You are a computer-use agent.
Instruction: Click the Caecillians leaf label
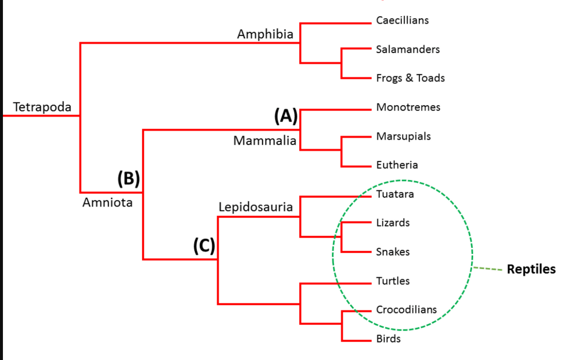(402, 20)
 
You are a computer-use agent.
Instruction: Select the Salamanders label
(407, 49)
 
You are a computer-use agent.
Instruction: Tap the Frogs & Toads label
(410, 78)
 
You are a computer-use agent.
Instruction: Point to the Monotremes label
(408, 107)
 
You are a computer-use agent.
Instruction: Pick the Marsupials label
(403, 136)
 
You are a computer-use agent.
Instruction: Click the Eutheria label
(397, 165)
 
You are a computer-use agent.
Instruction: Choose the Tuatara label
(395, 194)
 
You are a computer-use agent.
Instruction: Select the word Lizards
(392, 223)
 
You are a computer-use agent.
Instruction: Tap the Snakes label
(392, 252)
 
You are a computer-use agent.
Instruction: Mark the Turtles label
(392, 281)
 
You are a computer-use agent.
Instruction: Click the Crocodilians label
(406, 310)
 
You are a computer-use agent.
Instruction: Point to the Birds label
(388, 339)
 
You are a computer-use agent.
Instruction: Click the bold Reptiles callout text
(531, 269)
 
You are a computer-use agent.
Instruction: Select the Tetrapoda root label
(42, 107)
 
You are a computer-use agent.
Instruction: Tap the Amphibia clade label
(265, 34)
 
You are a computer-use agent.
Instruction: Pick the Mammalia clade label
(265, 141)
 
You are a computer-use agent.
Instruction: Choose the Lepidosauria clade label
(256, 207)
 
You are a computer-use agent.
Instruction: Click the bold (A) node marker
(286, 116)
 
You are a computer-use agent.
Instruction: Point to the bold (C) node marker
(204, 246)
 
